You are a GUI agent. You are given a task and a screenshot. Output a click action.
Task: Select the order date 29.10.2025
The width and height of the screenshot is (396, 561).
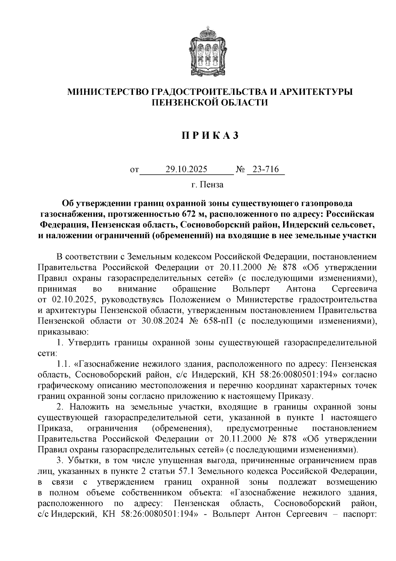pos(186,169)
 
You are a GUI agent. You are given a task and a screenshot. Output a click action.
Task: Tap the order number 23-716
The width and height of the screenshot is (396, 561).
pos(266,169)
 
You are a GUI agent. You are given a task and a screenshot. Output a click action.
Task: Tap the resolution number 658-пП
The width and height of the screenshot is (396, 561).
pos(215,321)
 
